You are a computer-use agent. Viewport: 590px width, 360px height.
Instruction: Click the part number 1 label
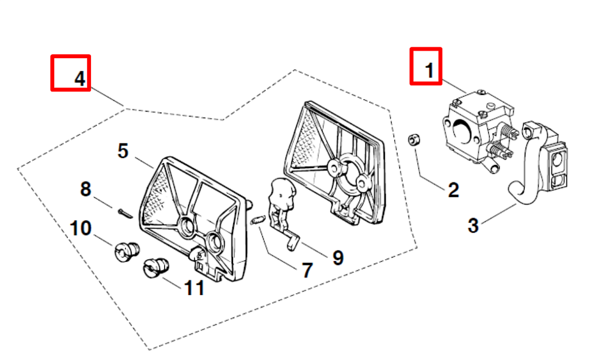pyautogui.click(x=428, y=70)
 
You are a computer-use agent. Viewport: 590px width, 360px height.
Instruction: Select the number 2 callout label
pyautogui.click(x=453, y=190)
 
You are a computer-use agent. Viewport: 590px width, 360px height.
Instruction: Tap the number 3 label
pyautogui.click(x=473, y=225)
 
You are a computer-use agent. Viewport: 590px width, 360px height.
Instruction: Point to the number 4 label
pyautogui.click(x=80, y=78)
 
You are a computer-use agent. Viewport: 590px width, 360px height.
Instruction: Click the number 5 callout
pyautogui.click(x=123, y=151)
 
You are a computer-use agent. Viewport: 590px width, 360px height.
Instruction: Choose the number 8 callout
pyautogui.click(x=85, y=189)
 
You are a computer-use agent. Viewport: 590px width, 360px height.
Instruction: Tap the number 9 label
pyautogui.click(x=338, y=257)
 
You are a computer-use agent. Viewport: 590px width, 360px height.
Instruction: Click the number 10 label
pyautogui.click(x=80, y=228)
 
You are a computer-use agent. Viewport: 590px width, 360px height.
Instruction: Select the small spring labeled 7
pyautogui.click(x=258, y=219)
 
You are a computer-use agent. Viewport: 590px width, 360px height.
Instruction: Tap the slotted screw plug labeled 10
pyautogui.click(x=126, y=251)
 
